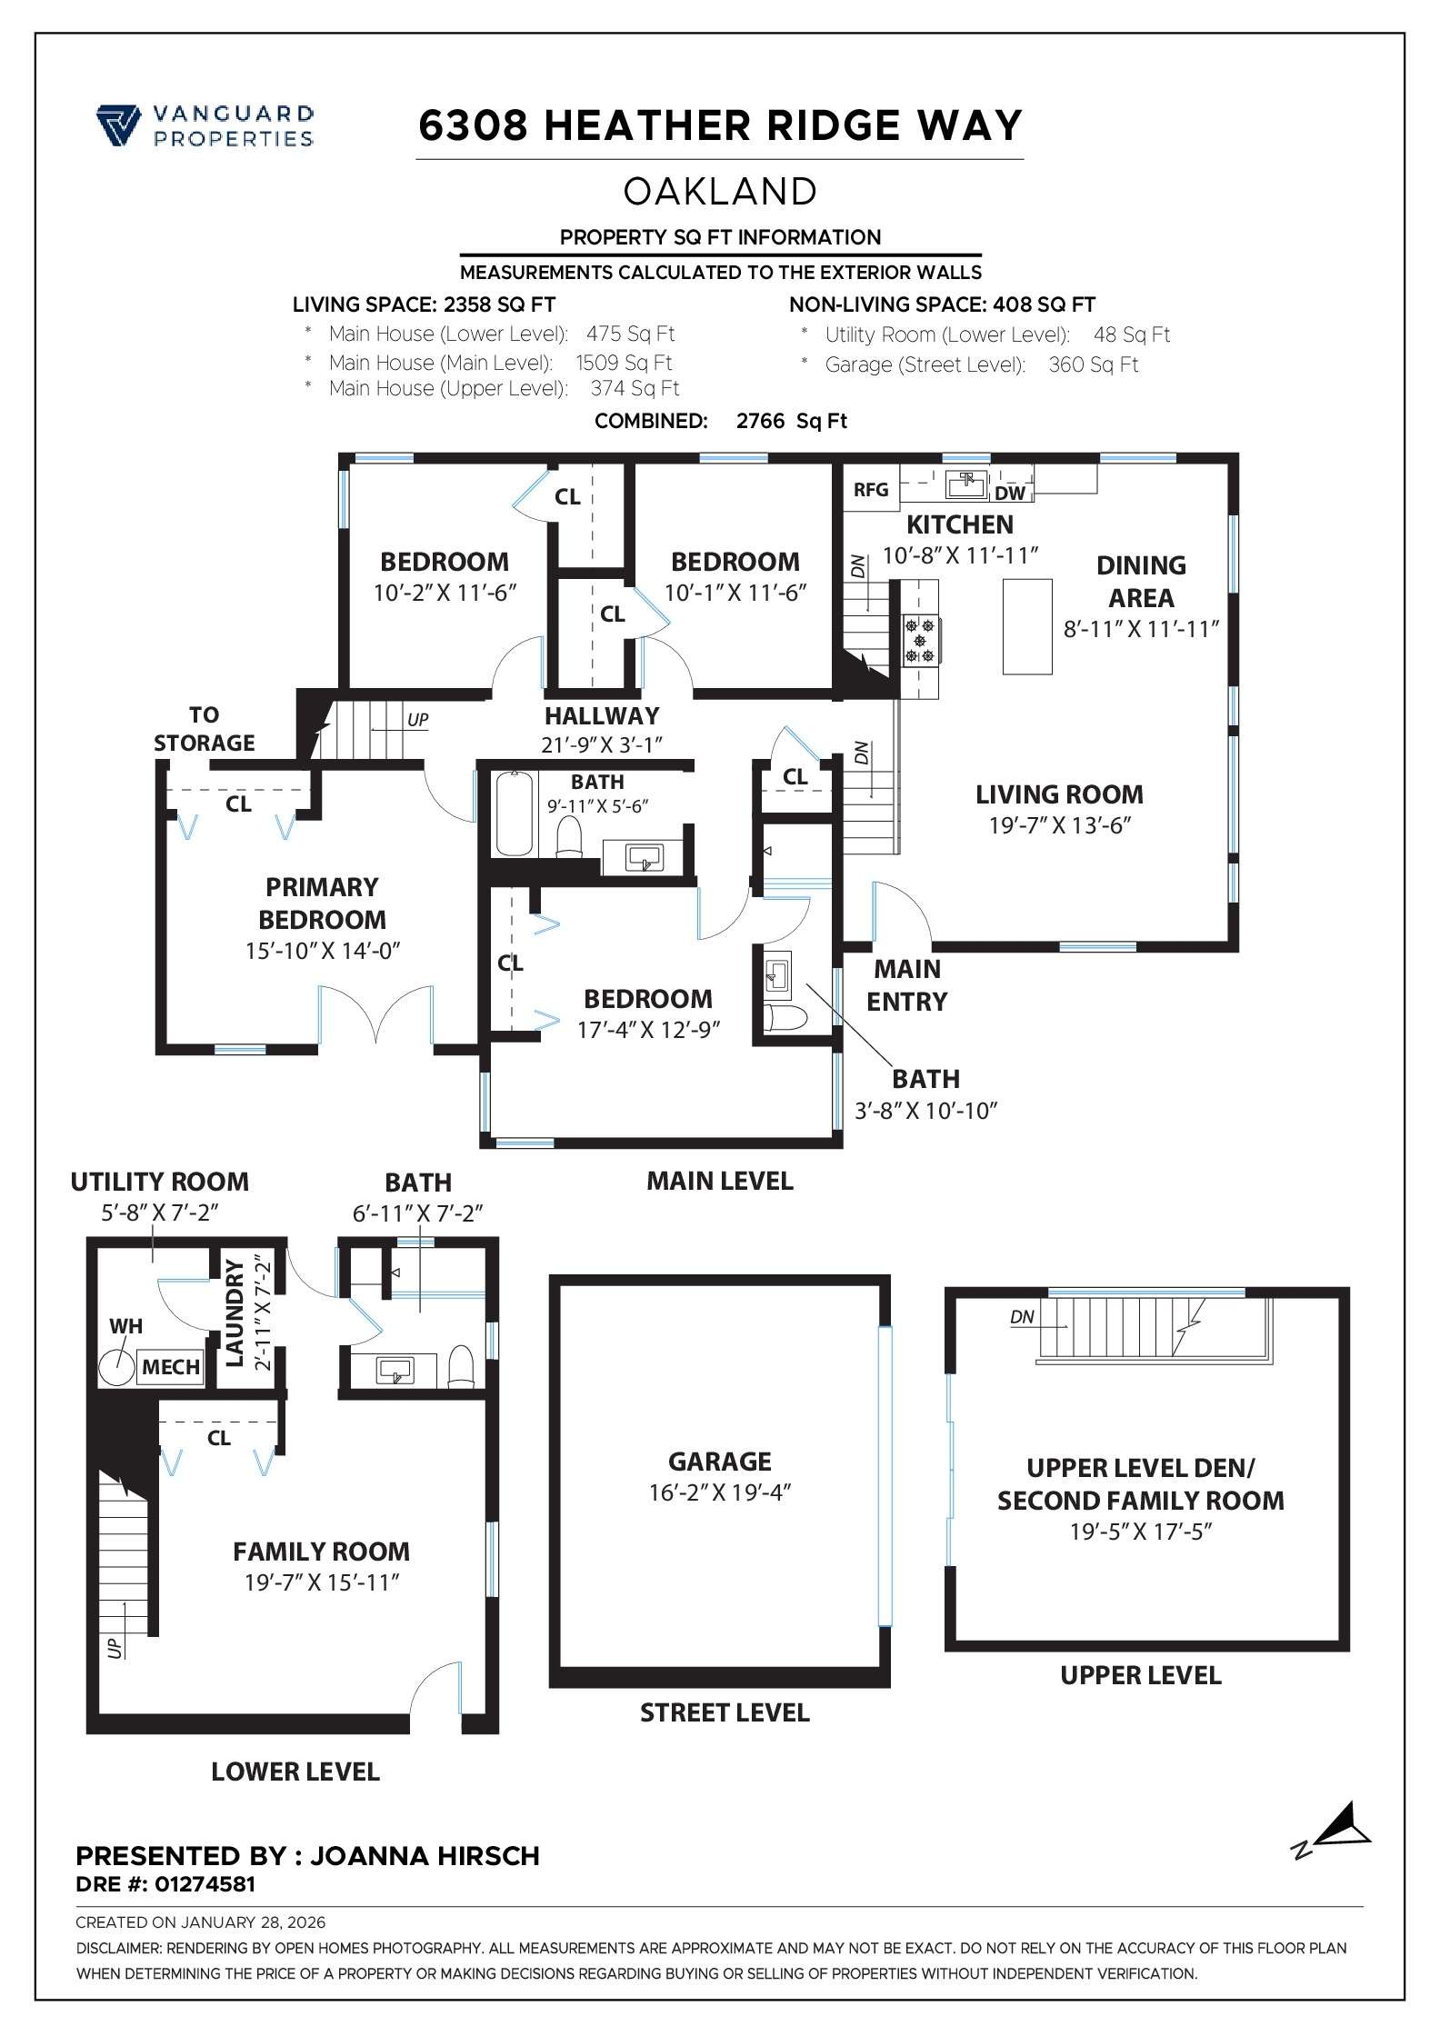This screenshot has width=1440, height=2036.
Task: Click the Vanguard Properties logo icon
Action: [118, 125]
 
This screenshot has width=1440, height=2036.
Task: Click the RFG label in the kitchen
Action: [870, 490]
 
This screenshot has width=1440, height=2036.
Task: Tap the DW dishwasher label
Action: [1009, 494]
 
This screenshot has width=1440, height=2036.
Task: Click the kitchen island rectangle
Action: [1026, 626]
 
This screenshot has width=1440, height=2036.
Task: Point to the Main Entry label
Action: [906, 985]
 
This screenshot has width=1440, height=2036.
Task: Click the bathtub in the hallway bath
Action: [515, 813]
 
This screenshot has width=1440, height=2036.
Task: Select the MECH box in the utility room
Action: [171, 1367]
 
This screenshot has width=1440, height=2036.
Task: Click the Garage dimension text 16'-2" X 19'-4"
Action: [719, 1492]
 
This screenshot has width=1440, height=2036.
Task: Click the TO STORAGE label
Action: [204, 729]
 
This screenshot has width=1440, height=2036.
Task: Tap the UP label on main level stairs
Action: [417, 720]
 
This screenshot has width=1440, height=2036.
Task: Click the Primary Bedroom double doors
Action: [376, 1015]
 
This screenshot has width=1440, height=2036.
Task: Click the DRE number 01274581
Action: [205, 1884]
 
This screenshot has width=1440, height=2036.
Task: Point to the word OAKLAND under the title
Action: [720, 192]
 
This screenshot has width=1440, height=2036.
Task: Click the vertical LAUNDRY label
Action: [235, 1312]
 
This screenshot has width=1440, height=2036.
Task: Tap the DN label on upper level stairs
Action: [1022, 1316]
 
